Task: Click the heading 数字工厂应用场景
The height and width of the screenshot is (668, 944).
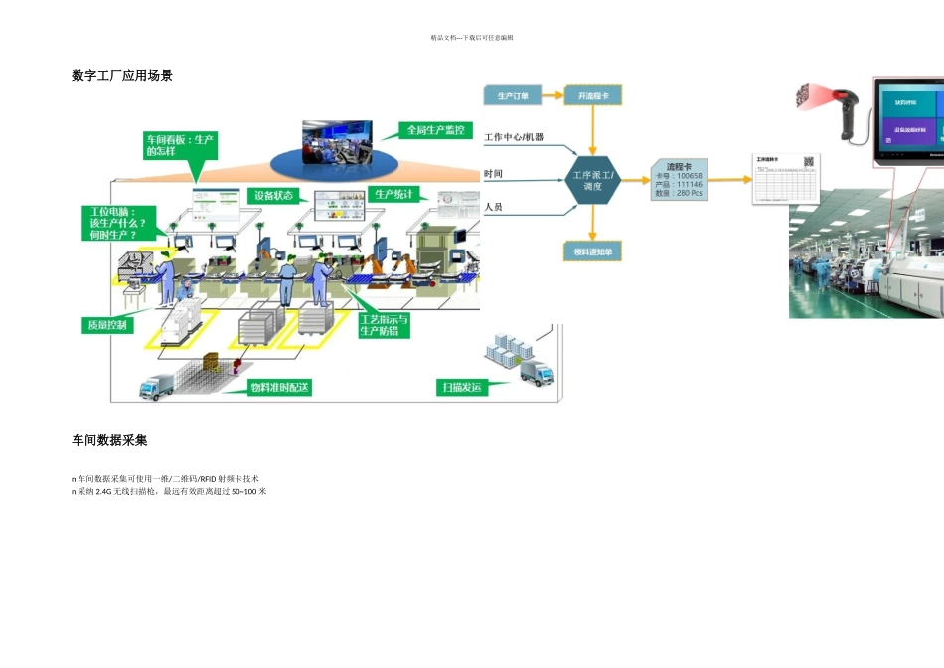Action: coord(122,75)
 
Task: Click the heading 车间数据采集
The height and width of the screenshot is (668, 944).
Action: coord(109,439)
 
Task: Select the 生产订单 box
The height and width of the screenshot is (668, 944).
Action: coord(513,96)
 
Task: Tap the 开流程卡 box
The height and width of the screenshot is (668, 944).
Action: coord(593,96)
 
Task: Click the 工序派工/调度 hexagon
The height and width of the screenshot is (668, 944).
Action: coord(593,180)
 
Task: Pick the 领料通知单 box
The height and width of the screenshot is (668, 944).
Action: coord(593,251)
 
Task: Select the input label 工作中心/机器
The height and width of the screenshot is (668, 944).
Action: coord(514,137)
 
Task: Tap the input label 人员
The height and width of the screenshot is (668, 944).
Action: coord(494,208)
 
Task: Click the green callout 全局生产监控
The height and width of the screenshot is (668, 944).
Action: coord(435,130)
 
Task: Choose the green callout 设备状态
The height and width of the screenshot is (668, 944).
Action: coord(273,196)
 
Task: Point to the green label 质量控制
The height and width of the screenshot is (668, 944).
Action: coord(106,325)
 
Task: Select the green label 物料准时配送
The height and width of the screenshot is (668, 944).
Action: coord(279,387)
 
